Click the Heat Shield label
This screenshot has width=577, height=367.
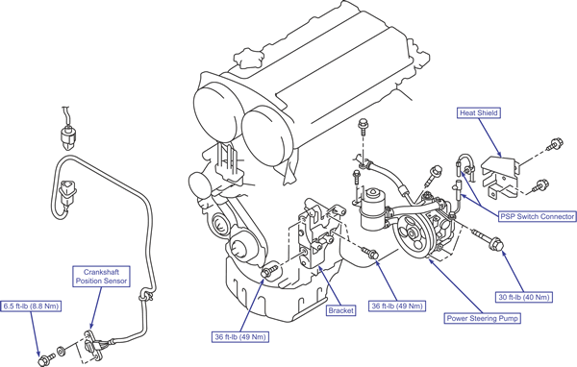coord(479,113)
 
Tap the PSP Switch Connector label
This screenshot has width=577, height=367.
coord(537,216)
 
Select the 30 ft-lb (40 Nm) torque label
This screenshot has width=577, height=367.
coord(524,297)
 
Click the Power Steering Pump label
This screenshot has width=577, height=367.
coord(483,318)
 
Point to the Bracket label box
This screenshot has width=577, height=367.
coord(340,310)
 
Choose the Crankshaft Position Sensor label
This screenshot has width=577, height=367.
coord(101,277)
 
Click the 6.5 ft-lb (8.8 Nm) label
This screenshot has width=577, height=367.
coord(32,306)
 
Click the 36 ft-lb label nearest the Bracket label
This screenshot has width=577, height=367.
coord(397,306)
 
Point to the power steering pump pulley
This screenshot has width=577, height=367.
coord(411,236)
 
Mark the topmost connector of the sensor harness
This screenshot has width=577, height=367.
coord(68,137)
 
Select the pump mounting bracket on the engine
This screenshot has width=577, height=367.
coord(314,235)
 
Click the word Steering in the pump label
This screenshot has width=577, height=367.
coord(483,318)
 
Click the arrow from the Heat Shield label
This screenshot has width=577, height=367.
coord(489,137)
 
